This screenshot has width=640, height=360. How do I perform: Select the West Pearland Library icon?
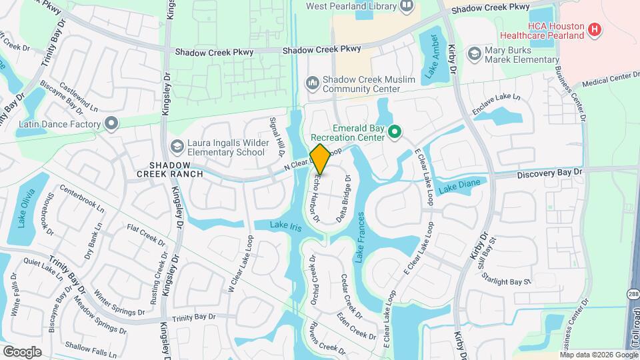coord(407,7)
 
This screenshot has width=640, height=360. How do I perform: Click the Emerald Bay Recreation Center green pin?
coord(394,133)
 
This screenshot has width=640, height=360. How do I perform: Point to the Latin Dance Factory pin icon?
coord(111,124)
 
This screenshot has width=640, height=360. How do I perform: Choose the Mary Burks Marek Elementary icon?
coord(475,53)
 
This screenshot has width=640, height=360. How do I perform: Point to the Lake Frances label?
coord(361,236)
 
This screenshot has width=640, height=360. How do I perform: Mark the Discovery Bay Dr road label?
coord(550,172)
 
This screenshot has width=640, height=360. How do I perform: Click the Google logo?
coord(22,351)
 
